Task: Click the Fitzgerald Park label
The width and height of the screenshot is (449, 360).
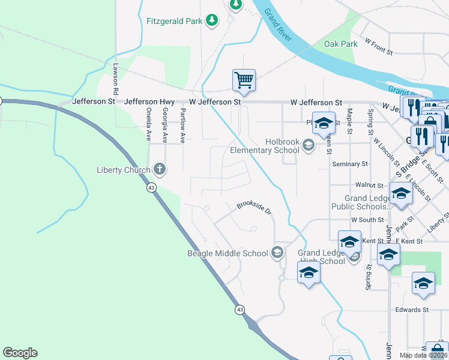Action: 175,21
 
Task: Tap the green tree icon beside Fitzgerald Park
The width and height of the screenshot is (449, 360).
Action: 211,21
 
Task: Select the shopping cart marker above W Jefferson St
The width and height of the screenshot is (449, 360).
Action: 244,80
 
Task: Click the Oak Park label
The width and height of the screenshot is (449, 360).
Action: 340,44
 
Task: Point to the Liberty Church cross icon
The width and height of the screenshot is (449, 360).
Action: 159,170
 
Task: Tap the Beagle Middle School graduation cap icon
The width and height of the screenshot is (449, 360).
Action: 277,253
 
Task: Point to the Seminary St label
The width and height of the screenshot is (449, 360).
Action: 351,164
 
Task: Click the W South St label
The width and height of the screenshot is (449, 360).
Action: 367,220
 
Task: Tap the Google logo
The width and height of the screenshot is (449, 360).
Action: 20,353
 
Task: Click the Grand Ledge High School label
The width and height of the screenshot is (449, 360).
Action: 321,257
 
